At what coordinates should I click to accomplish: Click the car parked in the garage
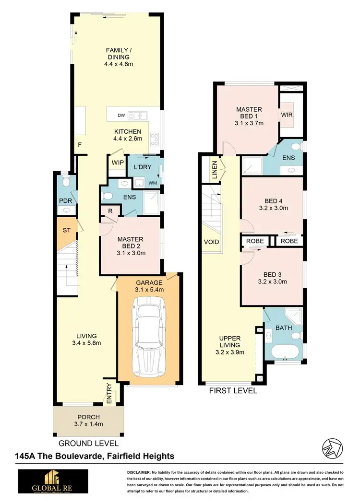coord(149,336)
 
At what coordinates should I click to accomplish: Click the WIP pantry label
coord(117,162)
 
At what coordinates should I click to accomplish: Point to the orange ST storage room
coord(66,230)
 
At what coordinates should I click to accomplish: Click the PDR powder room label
coord(65,200)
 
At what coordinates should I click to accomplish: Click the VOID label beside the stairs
coord(211,241)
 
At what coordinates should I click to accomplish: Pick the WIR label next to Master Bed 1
coord(287,115)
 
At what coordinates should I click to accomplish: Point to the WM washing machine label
coord(153,182)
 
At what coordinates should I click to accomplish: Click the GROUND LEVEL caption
coord(88,444)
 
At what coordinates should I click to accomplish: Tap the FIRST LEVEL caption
coord(233,390)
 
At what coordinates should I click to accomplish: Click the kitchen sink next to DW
coord(140,116)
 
